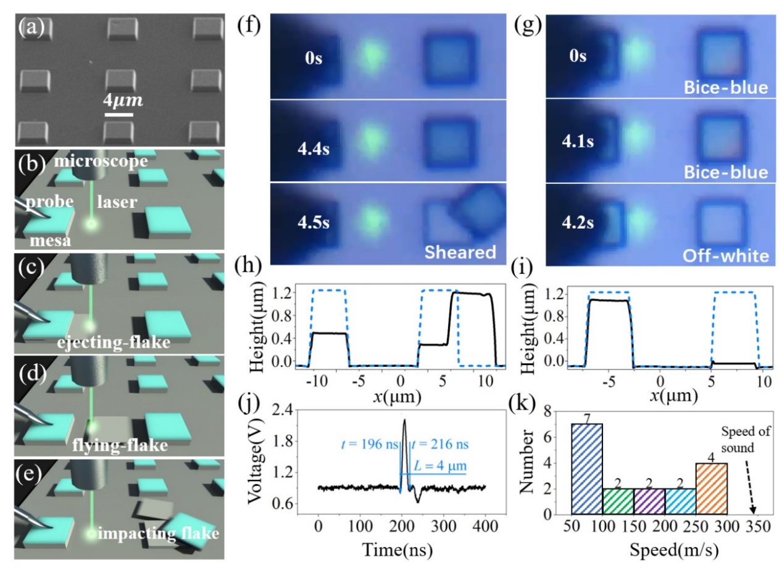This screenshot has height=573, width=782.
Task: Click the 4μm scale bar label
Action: click(123, 100)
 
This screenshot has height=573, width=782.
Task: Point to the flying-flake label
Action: click(128, 445)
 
